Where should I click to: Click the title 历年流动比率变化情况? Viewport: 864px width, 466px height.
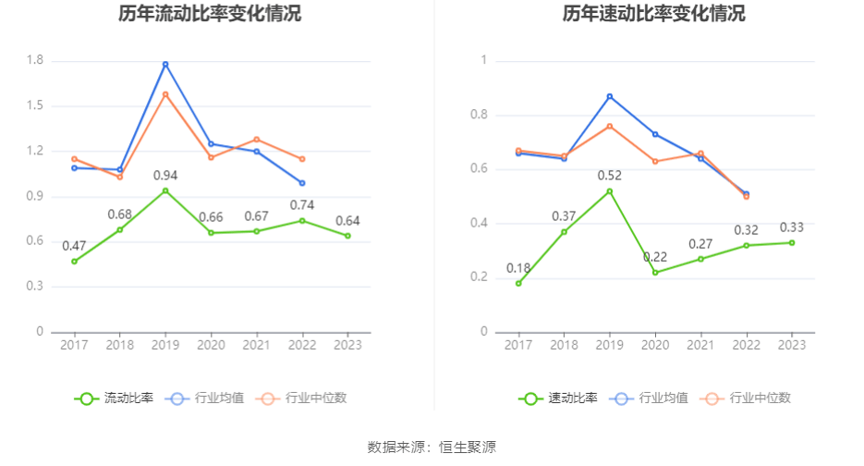click(210, 14)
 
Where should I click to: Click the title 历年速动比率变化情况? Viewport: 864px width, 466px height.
click(654, 14)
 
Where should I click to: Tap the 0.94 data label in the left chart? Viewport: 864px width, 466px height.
click(164, 176)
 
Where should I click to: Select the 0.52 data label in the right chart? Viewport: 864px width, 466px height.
click(609, 176)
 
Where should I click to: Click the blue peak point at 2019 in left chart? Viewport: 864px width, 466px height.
click(165, 64)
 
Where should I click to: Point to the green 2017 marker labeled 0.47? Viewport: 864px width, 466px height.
click(74, 261)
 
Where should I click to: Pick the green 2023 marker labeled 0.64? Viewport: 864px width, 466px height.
click(347, 236)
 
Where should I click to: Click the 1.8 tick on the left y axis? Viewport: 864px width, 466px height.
click(35, 61)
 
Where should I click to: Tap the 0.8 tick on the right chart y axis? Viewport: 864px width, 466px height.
click(478, 116)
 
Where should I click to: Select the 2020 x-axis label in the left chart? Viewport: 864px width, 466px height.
click(211, 345)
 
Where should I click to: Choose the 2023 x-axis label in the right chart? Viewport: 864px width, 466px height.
click(792, 345)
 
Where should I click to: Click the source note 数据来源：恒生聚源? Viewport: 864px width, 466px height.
click(432, 448)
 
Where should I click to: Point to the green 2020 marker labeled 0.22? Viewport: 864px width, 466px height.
click(655, 272)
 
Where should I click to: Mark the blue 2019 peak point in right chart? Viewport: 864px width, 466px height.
click(609, 96)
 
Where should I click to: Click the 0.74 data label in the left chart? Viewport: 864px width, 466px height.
click(302, 205)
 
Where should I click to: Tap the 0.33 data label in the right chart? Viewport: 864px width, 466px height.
click(792, 227)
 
